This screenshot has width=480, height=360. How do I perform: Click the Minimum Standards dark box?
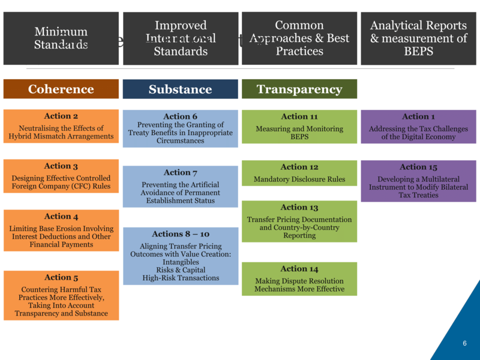point(61,38)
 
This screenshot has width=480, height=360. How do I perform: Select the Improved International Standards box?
point(180,38)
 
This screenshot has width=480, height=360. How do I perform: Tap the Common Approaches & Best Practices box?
point(299,38)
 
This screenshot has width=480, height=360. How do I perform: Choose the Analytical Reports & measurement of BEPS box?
point(418,38)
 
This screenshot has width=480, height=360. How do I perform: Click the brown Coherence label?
point(61,89)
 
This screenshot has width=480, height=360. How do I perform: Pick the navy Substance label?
point(180,89)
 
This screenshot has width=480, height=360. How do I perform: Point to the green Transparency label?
point(299,89)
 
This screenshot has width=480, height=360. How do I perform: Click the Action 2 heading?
point(61,116)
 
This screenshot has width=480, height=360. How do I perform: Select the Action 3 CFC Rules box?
point(61,178)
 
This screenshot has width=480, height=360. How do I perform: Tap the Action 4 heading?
point(61,217)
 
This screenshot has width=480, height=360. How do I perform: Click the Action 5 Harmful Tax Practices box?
point(61,295)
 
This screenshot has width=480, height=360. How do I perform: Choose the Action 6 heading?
point(180,116)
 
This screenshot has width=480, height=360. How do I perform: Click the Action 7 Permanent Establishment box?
point(180,187)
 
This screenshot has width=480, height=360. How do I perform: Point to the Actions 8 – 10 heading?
point(180,234)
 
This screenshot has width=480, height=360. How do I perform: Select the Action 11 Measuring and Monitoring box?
point(299,127)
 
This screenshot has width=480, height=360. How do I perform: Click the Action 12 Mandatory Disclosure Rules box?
point(299,173)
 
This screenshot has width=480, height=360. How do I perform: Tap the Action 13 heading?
point(299,208)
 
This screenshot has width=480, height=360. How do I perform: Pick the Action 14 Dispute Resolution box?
point(299,279)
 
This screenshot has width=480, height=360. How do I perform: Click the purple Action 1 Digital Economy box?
point(418,127)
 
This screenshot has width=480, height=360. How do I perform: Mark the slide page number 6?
point(464,343)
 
